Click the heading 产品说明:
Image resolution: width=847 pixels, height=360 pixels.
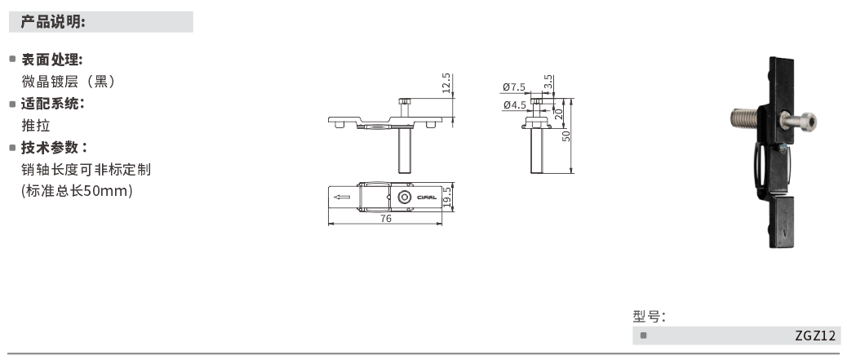[x=53, y=22]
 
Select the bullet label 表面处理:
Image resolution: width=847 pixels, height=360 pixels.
[x=52, y=60]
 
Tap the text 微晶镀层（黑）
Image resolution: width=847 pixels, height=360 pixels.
[x=69, y=82]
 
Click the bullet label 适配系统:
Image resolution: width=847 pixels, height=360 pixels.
[x=52, y=103]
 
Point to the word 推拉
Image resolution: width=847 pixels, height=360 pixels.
[x=36, y=126]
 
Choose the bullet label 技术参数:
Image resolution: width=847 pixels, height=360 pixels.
[x=54, y=147]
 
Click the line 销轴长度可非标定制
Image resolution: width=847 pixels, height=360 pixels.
[x=86, y=170]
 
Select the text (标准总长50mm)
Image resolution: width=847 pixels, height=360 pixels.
[x=77, y=191]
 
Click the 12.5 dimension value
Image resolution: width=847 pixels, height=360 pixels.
[x=446, y=83]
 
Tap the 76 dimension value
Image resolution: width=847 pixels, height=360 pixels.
[x=386, y=219]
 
